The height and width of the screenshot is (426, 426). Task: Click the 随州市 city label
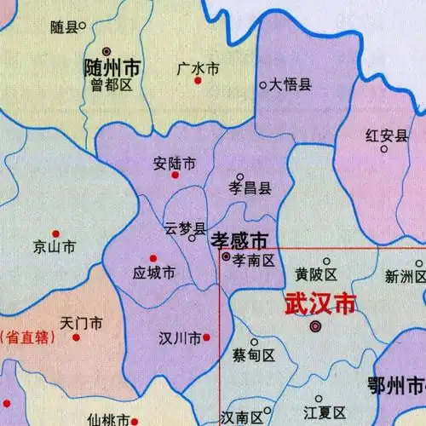(x=112, y=67)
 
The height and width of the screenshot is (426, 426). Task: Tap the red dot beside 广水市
(x=198, y=80)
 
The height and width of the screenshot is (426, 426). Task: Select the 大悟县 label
(x=291, y=84)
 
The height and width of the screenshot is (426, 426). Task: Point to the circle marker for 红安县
(x=383, y=150)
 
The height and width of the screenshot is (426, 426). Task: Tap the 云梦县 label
(x=185, y=228)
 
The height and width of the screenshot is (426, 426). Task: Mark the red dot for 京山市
(x=55, y=233)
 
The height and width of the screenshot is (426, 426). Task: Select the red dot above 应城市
(x=153, y=258)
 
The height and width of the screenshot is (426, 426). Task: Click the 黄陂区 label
(x=317, y=274)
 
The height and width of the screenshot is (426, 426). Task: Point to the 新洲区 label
(x=404, y=276)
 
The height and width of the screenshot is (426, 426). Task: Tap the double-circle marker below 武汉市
(x=315, y=326)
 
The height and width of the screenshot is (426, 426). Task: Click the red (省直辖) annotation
(x=26, y=336)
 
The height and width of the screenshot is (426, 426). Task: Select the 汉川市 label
(x=180, y=338)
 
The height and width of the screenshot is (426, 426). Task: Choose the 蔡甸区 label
(x=254, y=356)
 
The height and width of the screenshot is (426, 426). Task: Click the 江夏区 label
(x=323, y=413)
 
